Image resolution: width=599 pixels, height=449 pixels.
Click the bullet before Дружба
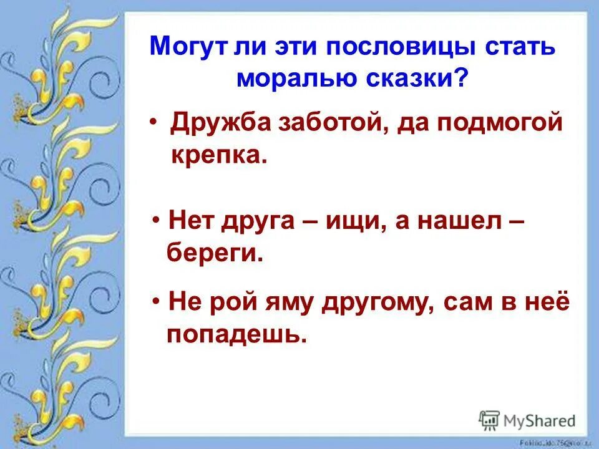click(x=153, y=120)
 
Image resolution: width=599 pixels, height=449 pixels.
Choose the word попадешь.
click(x=236, y=335)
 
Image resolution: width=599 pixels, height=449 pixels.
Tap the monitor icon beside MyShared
click(x=490, y=420)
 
